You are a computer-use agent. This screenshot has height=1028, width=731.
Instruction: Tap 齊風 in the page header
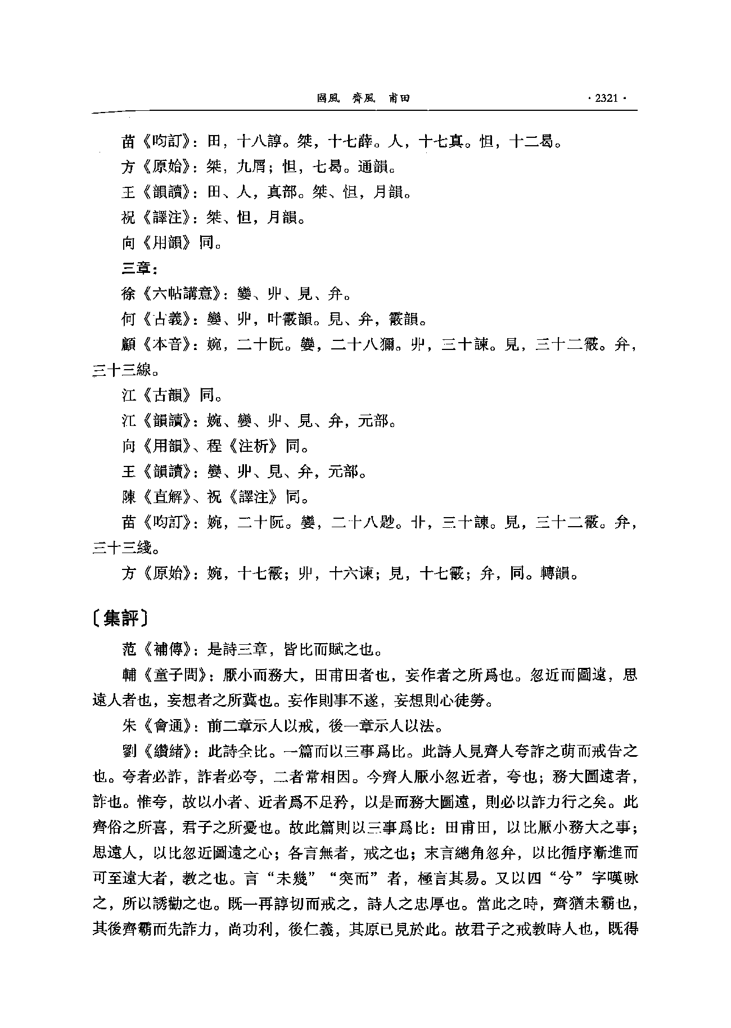363,98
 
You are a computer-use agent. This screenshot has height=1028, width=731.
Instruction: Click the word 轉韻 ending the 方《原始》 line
558,573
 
